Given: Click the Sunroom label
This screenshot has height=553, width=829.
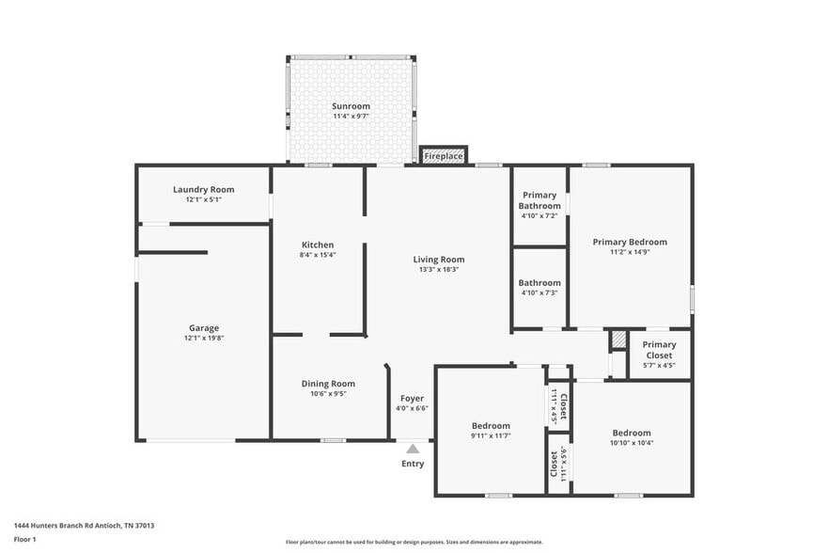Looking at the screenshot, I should (x=351, y=106).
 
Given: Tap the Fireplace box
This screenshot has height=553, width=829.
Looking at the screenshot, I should (x=443, y=155).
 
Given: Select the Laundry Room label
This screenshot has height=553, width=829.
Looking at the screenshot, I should (x=203, y=189).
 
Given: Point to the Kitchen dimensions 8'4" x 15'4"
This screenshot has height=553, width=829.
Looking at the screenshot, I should (x=318, y=255).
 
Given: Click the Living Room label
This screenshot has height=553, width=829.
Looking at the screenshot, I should (x=439, y=260).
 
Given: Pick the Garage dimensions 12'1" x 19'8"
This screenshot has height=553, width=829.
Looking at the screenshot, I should (x=203, y=338).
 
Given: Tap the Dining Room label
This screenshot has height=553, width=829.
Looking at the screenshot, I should (x=328, y=383).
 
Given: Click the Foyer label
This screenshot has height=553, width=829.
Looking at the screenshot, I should (x=413, y=398).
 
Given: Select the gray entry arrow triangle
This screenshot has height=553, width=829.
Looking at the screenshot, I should (x=413, y=449).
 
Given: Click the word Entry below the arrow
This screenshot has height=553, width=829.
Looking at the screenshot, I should (x=413, y=464).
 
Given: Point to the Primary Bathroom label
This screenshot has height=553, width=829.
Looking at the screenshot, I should (x=540, y=200).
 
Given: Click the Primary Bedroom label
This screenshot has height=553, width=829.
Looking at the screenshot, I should (x=630, y=242).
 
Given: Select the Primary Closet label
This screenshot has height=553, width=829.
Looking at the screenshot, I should (x=659, y=350).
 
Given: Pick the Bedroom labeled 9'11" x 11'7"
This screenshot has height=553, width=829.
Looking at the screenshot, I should (x=491, y=426).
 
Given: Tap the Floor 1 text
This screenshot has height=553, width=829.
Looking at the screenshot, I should (x=24, y=539).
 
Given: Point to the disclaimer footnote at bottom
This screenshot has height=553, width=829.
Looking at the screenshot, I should (x=414, y=542).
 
